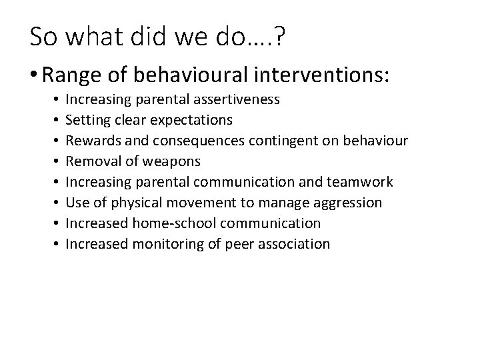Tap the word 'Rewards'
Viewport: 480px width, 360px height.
pyautogui.click(x=91, y=141)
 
